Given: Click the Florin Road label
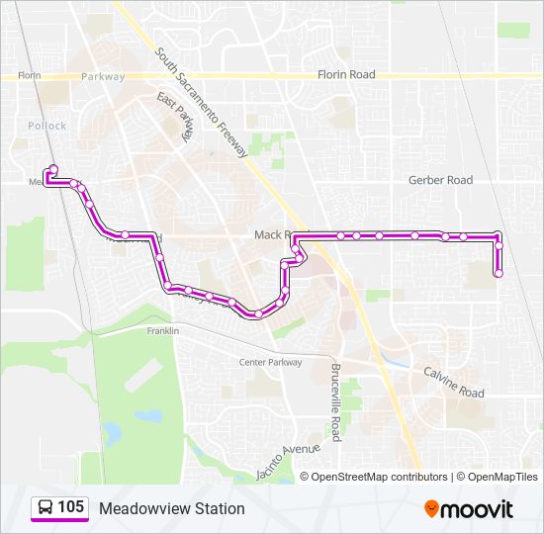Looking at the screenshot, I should (x=346, y=74).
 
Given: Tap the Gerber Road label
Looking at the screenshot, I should (x=440, y=180).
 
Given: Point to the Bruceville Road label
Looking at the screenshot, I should (x=335, y=413).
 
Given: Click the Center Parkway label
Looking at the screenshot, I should (x=270, y=363).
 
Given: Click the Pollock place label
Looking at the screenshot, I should (x=46, y=126).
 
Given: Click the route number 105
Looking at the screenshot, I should (x=70, y=507).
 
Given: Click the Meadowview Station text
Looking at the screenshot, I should (x=171, y=508).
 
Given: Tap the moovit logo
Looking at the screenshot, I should (x=469, y=509).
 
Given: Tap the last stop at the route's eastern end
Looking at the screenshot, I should (x=499, y=273).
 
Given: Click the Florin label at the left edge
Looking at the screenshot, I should (x=29, y=74).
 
